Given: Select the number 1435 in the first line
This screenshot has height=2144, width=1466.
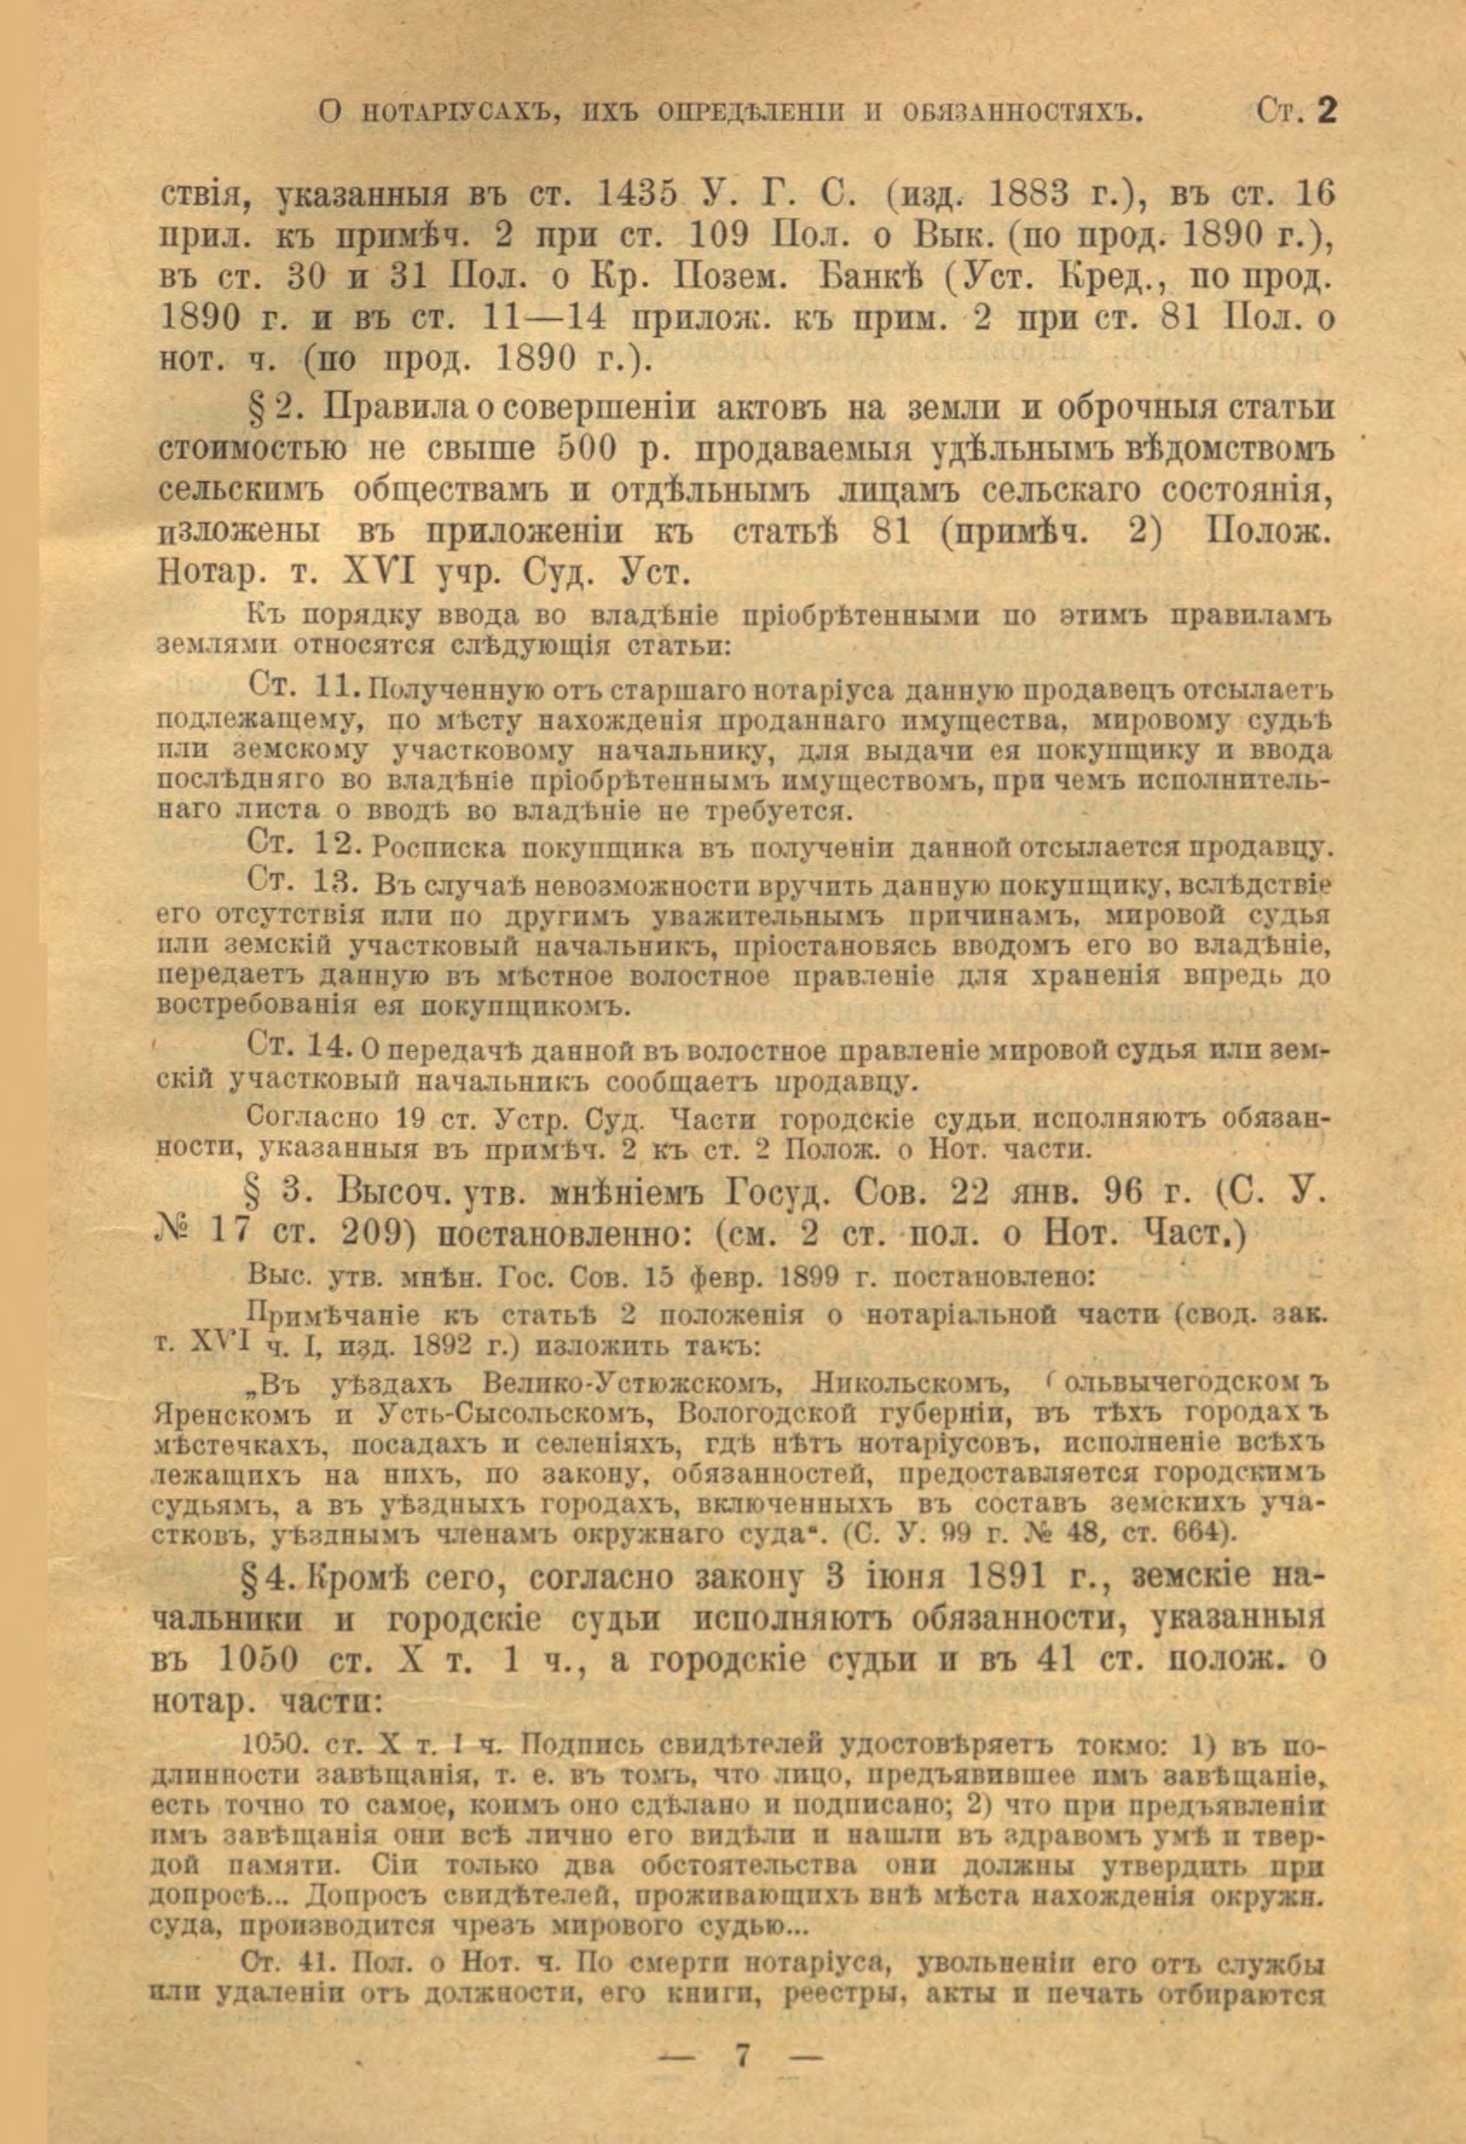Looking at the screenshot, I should click(x=640, y=195).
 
